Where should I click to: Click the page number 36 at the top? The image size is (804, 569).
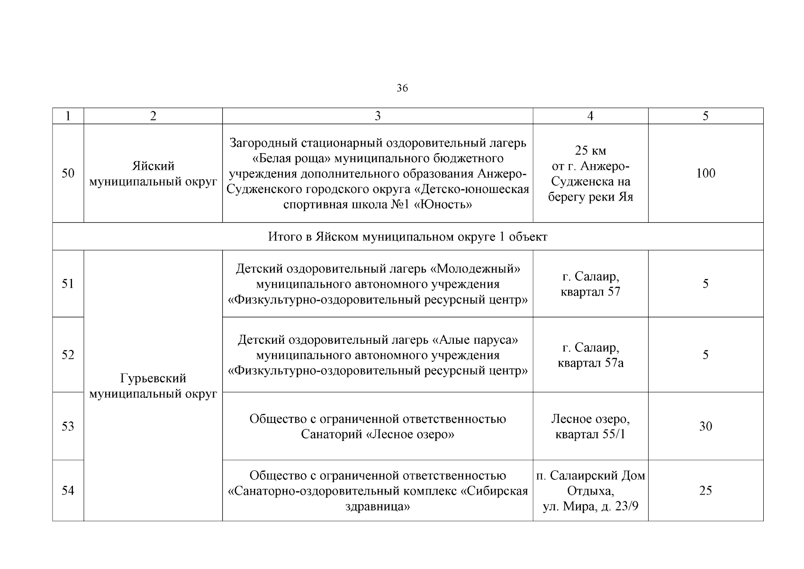click(x=402, y=88)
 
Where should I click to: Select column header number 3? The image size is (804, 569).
click(x=377, y=116)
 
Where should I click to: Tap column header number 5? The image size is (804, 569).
click(x=705, y=116)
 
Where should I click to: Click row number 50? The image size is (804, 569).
click(x=68, y=173)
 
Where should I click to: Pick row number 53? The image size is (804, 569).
click(x=68, y=426)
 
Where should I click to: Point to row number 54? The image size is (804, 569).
click(x=68, y=490)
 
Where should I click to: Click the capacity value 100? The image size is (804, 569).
click(x=705, y=173)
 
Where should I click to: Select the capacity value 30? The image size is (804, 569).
click(x=705, y=426)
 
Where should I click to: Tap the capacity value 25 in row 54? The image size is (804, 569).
click(x=705, y=490)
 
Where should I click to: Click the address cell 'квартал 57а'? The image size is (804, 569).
click(x=590, y=363)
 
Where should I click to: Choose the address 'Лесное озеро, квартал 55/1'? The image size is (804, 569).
click(x=590, y=426)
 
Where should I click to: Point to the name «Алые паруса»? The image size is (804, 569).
click(x=475, y=340)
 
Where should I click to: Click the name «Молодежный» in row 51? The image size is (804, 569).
click(x=475, y=269)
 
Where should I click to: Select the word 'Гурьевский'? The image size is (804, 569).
click(x=153, y=378)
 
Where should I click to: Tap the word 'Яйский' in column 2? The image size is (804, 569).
click(x=153, y=166)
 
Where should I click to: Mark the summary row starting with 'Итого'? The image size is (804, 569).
click(x=407, y=237)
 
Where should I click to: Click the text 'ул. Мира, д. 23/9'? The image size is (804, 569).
click(x=590, y=506)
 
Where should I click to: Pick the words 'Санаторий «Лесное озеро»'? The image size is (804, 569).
click(x=377, y=434)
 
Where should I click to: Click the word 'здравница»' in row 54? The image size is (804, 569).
click(x=377, y=506)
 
